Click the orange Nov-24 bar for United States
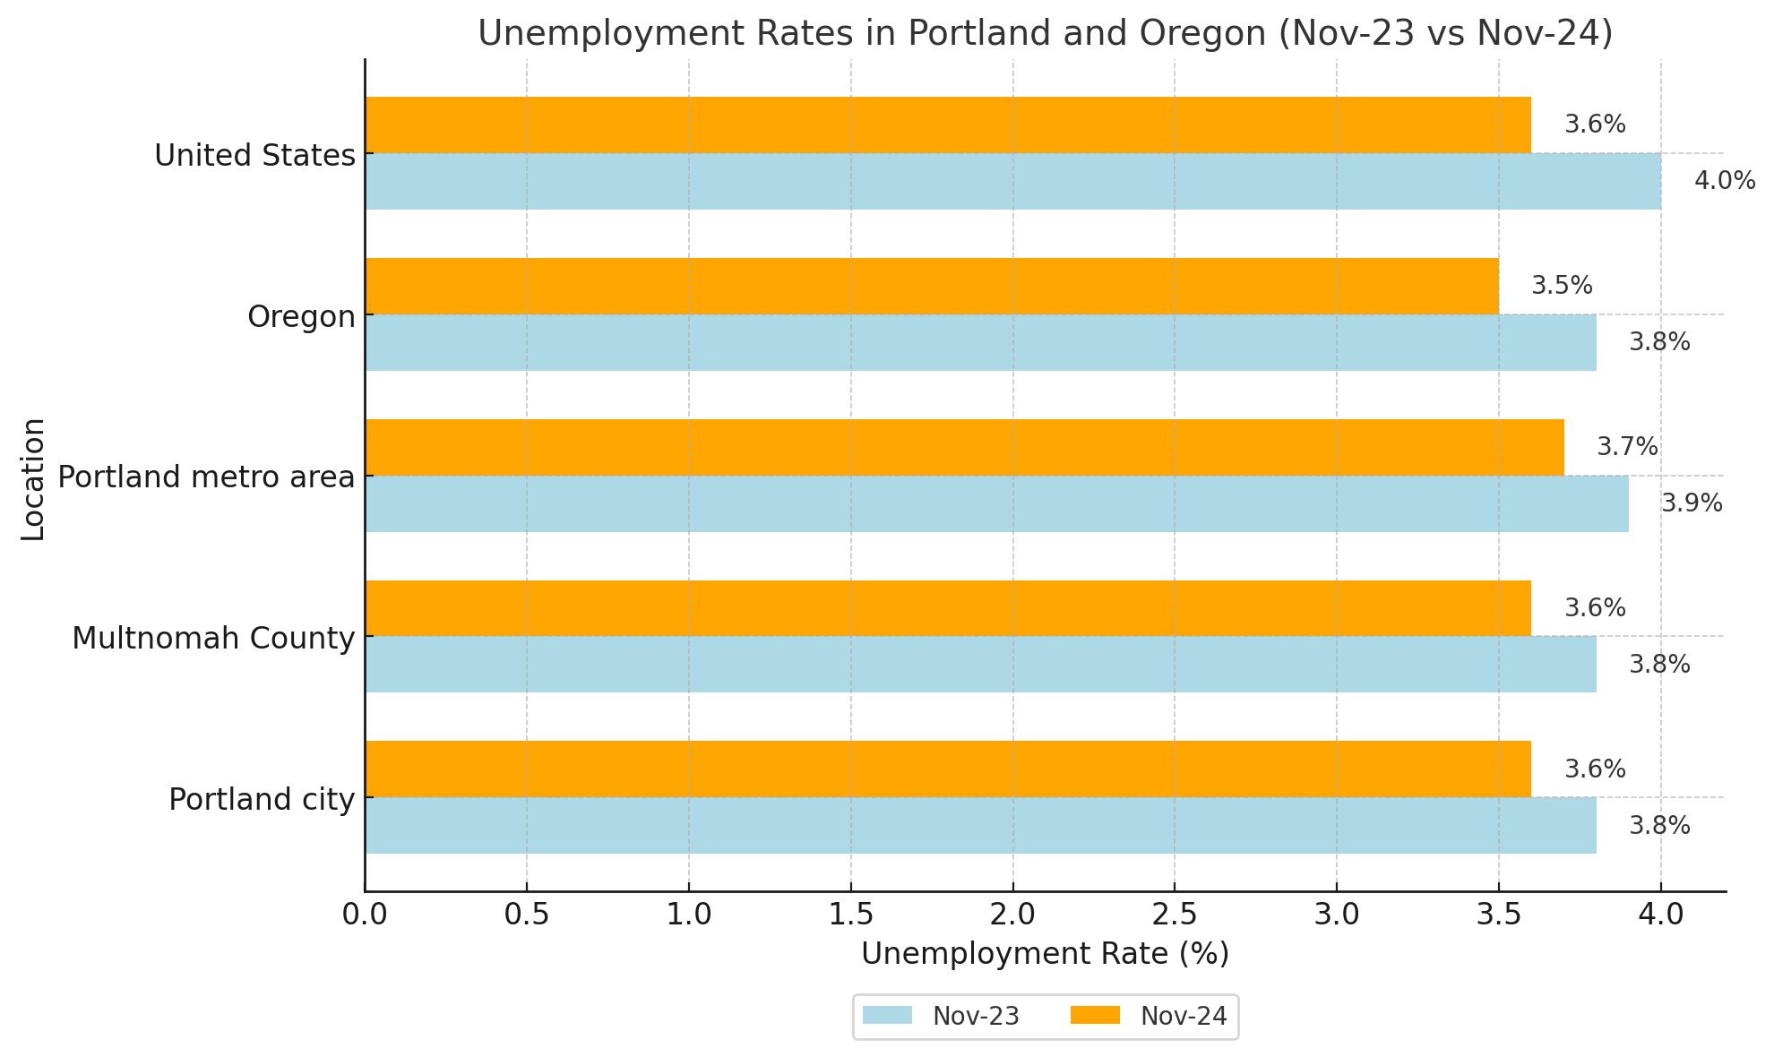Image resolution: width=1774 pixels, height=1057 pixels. [948, 125]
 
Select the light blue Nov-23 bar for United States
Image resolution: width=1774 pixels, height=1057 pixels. [1012, 181]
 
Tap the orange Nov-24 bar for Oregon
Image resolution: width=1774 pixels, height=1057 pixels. [932, 286]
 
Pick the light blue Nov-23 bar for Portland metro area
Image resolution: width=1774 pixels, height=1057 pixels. [996, 503]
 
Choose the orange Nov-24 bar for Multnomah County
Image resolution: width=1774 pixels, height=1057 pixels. [948, 608]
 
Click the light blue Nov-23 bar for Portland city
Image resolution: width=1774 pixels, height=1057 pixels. [980, 825]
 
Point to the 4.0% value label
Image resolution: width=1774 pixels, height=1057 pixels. [1724, 181]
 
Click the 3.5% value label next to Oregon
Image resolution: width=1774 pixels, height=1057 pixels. [1562, 286]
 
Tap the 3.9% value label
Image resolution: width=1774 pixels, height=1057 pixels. [1692, 503]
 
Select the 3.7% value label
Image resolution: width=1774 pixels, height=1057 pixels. [1627, 447]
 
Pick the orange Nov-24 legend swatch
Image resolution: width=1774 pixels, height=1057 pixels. [1095, 1016]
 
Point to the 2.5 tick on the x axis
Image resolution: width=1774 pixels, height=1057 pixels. [1175, 915]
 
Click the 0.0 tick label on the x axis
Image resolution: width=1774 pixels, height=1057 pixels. [365, 915]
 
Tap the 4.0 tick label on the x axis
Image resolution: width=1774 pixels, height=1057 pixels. [1660, 915]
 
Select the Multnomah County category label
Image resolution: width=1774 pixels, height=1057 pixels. [213, 638]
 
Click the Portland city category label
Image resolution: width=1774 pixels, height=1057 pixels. [262, 799]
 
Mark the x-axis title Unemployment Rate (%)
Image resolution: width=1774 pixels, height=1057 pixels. [1045, 954]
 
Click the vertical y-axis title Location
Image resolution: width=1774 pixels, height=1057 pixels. [33, 478]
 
